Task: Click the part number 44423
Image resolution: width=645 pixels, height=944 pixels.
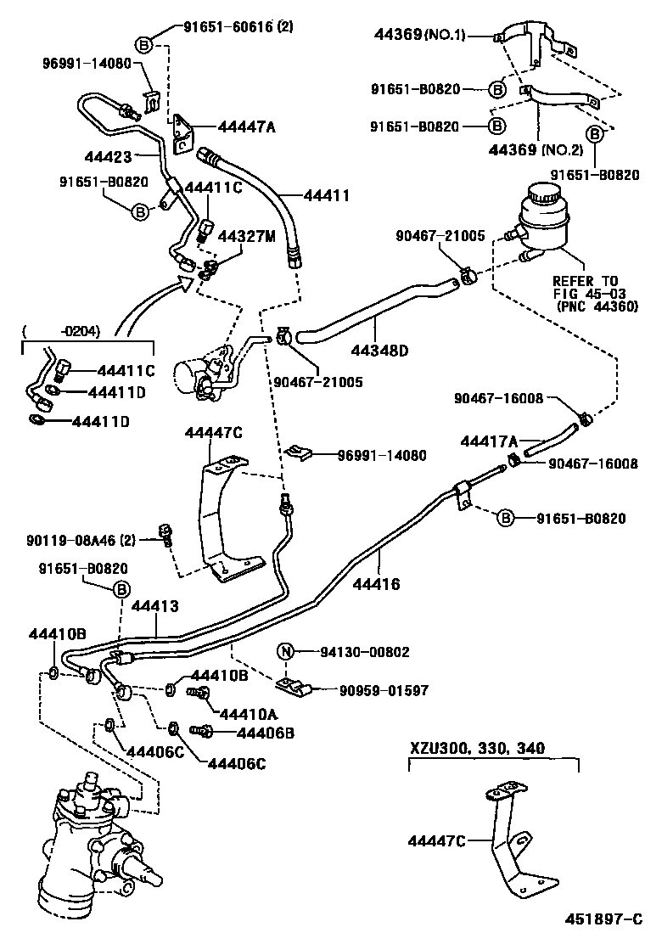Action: [x=109, y=156]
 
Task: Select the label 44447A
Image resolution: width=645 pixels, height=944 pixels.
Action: [x=246, y=127]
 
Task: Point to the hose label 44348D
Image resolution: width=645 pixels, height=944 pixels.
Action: [x=380, y=348]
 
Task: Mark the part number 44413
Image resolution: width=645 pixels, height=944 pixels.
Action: [x=154, y=605]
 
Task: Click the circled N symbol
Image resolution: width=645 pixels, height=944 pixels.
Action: [x=287, y=652]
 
